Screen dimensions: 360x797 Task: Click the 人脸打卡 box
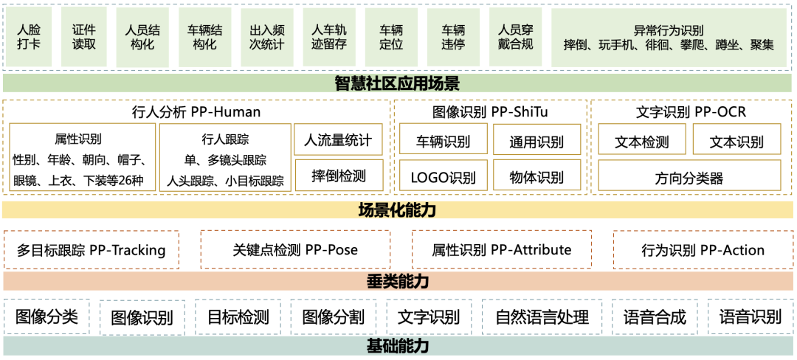(x=29, y=38)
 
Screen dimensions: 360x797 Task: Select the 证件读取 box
(x=84, y=38)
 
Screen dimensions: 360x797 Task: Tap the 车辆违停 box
(x=453, y=38)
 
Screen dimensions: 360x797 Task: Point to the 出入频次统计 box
(x=266, y=38)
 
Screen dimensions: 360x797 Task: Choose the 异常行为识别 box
(x=669, y=38)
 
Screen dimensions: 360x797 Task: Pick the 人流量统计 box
(x=338, y=139)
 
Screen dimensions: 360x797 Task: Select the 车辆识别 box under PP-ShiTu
(x=443, y=139)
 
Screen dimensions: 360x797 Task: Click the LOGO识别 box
(x=443, y=177)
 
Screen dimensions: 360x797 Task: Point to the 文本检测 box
(x=641, y=140)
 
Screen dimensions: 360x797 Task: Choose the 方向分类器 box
(x=689, y=177)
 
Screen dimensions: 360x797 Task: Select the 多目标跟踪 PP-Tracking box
(x=92, y=249)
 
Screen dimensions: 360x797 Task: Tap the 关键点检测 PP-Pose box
(x=295, y=249)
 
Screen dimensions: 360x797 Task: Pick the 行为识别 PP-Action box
(x=703, y=249)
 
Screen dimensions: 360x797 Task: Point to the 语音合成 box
(x=654, y=316)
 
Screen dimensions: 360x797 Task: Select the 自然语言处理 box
(x=542, y=316)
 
